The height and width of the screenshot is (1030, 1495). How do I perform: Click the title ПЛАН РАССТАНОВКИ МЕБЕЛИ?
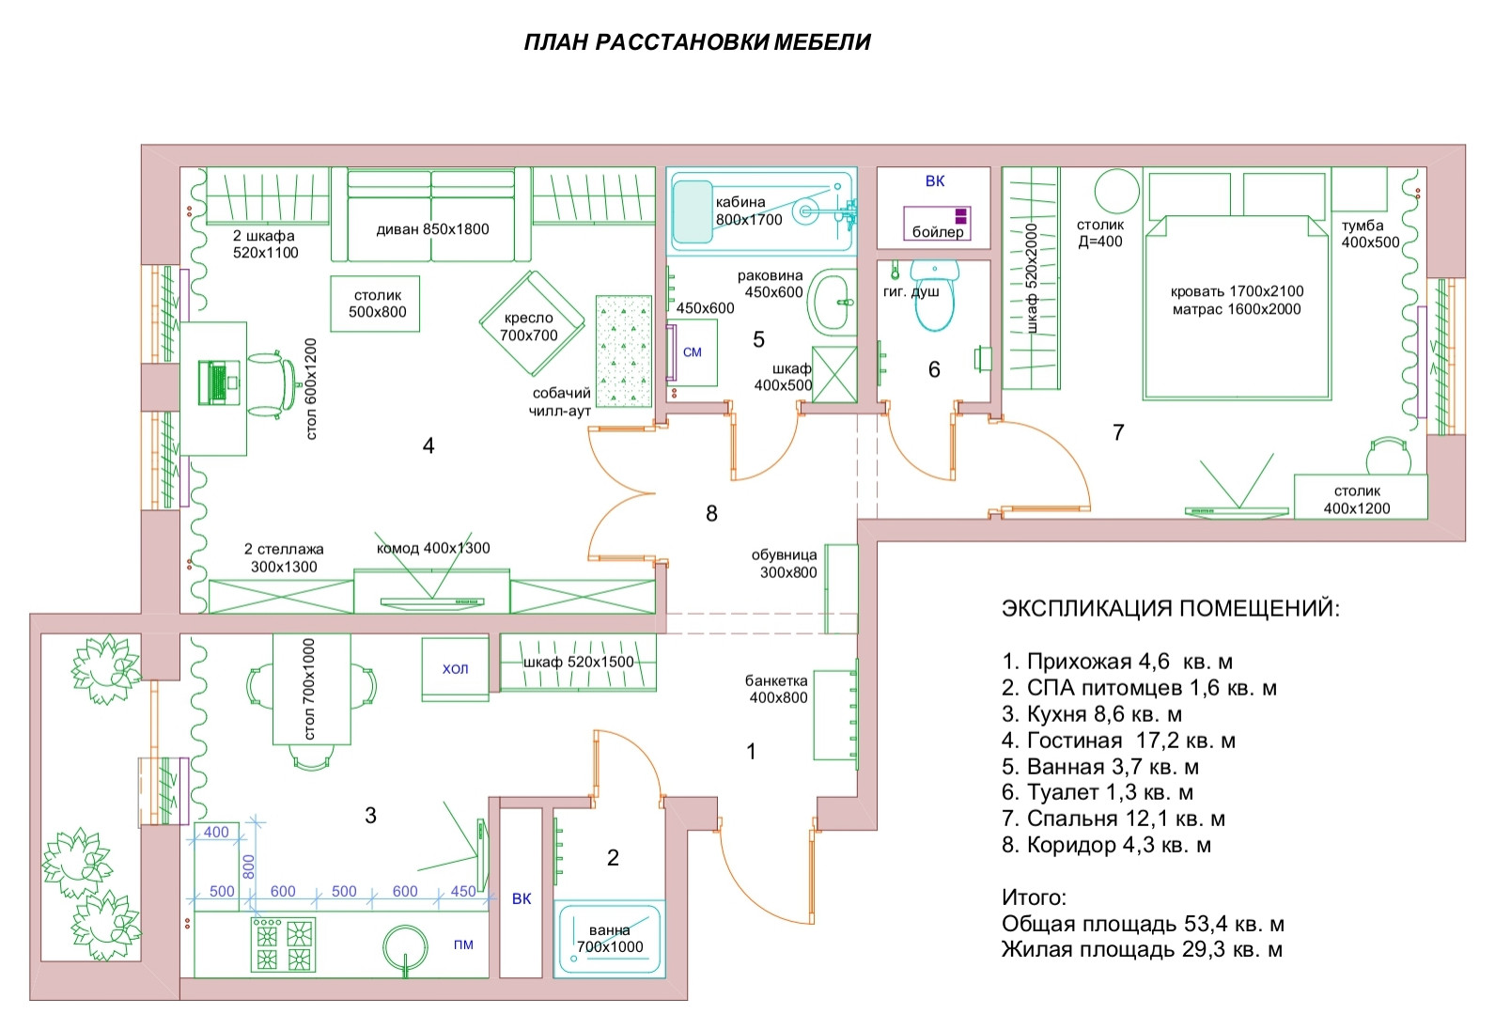697,42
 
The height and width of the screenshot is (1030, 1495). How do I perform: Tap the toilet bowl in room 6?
934,299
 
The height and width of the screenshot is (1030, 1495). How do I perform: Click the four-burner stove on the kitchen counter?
283,944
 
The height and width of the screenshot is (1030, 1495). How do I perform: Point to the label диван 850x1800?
432,229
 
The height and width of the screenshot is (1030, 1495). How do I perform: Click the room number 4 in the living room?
428,446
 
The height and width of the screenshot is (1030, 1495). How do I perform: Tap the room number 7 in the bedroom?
1118,432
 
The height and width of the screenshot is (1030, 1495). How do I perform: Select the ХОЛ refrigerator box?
455,668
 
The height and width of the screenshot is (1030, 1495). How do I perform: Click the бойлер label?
938,231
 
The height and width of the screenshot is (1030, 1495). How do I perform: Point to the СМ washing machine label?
693,352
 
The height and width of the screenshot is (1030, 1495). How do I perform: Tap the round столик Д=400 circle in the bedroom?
1116,192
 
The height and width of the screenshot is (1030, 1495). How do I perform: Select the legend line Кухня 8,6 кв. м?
1092,714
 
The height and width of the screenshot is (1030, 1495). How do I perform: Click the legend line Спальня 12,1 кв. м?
1113,819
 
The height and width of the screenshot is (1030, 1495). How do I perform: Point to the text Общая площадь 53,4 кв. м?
1143,924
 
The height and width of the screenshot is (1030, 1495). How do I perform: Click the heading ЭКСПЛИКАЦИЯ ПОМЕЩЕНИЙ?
1171,608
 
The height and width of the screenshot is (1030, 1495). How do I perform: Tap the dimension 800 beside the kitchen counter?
248,865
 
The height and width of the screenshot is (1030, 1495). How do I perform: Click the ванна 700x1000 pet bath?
610,938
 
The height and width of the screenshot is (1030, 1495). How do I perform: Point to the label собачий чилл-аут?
561,402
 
